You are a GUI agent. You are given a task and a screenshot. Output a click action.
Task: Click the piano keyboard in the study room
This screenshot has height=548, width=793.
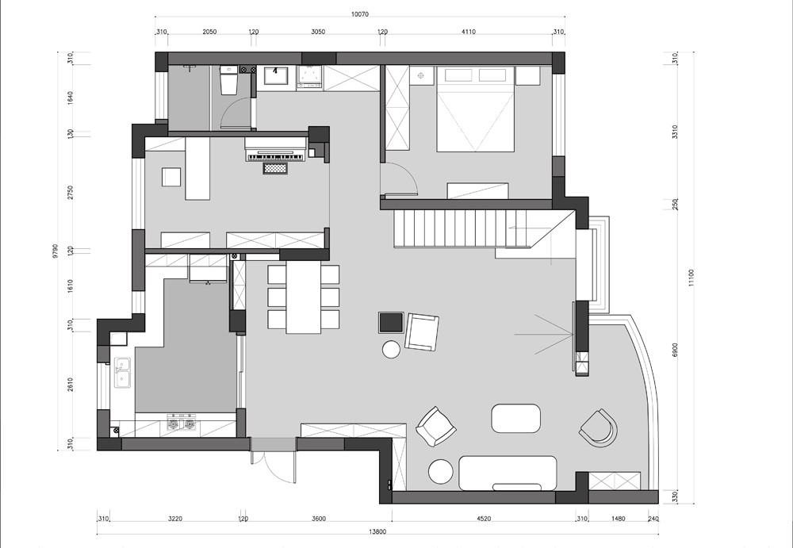coord(276,157)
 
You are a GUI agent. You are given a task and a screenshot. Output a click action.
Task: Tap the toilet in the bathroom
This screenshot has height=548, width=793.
coord(228,80)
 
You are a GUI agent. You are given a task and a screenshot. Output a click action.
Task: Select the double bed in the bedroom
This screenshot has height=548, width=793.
coord(475,109)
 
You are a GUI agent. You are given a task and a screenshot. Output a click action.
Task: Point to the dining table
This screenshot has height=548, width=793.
coord(304,297)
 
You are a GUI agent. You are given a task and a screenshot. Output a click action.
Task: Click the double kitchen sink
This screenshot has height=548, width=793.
coord(122,373)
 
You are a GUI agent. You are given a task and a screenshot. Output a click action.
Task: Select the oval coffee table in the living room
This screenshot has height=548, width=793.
coord(516,418)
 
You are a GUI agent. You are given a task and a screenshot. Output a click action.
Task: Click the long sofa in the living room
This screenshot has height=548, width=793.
coord(508,473)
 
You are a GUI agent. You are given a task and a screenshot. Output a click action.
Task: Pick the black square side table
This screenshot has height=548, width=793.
coord(392,322)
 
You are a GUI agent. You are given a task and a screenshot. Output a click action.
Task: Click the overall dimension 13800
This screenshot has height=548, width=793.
coord(377,532)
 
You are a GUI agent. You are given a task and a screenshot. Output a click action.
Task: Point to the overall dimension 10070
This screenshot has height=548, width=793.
coord(359,14)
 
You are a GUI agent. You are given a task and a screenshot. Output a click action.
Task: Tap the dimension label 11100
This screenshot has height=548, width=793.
coord(691,278)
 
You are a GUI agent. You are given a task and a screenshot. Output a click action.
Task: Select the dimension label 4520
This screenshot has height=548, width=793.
coord(484,518)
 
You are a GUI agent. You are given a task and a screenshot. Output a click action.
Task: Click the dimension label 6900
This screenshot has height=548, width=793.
coord(675,351)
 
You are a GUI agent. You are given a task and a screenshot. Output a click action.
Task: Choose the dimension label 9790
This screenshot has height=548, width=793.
coord(56,251)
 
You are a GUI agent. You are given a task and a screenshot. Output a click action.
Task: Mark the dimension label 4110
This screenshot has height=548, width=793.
coord(469,32)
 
